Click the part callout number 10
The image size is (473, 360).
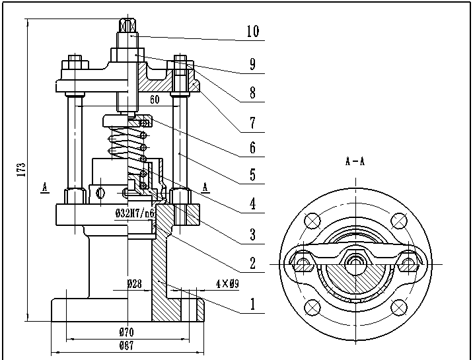[x=253, y=31]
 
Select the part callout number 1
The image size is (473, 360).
[x=253, y=304]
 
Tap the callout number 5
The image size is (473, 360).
[x=253, y=174]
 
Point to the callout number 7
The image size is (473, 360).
[x=253, y=123]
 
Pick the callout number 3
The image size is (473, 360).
[x=253, y=234]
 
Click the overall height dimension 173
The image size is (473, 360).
[x=21, y=170]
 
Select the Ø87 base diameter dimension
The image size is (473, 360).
[x=126, y=345]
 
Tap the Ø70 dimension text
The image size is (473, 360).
[x=126, y=332]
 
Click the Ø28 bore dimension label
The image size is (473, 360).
[x=134, y=284]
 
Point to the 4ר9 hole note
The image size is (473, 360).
[x=227, y=283]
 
